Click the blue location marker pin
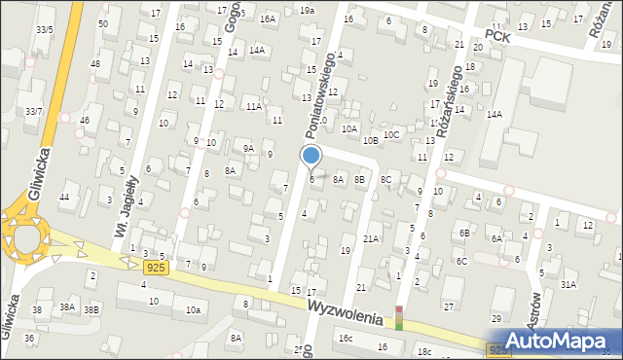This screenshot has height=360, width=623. (x=311, y=156)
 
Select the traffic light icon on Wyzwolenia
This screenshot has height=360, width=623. (x=397, y=318)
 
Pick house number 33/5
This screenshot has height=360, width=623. (x=44, y=29)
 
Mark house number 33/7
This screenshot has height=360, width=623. (x=34, y=112)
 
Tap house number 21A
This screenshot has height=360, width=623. (x=371, y=238)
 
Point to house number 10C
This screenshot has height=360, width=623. (x=390, y=135)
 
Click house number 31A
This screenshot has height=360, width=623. (x=568, y=284)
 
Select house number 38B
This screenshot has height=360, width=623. (x=91, y=308)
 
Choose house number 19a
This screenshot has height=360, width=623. (x=307, y=10)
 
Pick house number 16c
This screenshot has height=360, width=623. (x=346, y=338)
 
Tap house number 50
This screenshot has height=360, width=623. (x=103, y=22)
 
